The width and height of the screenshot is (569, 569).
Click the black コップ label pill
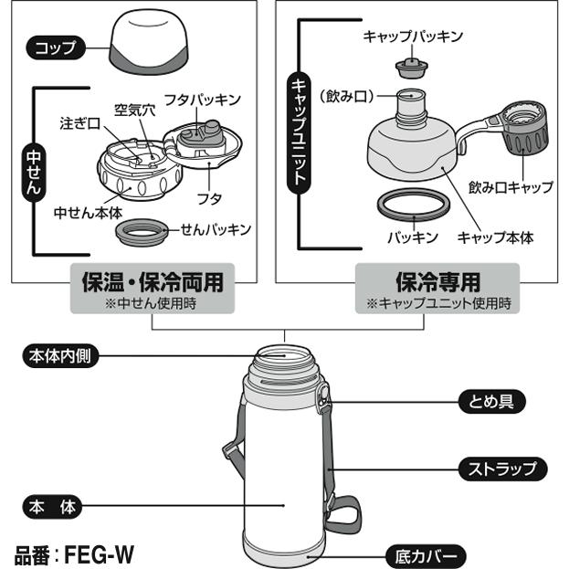[x=55, y=47]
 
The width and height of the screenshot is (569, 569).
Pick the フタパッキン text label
[x=201, y=98]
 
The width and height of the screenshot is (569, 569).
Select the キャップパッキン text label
[x=413, y=37]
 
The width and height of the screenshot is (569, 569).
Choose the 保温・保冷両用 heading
[x=147, y=280]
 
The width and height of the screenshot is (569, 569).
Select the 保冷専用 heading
[x=437, y=280]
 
